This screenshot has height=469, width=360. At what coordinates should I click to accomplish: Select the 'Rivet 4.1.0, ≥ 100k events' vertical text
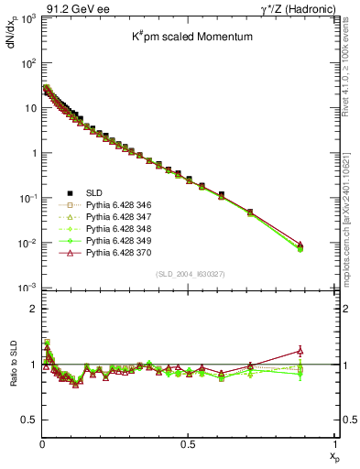[349, 73]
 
